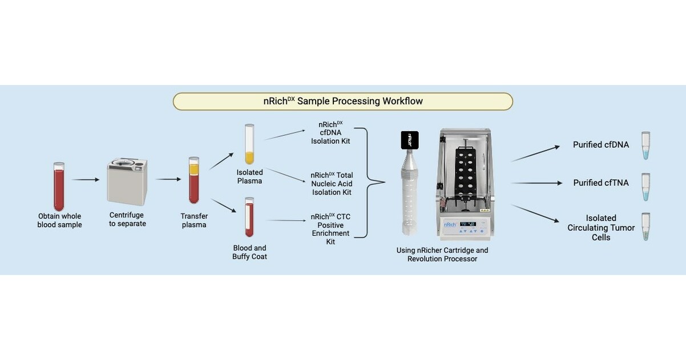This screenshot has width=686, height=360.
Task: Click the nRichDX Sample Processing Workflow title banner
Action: pos(342,102)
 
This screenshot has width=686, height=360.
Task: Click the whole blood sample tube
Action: pos(59,186)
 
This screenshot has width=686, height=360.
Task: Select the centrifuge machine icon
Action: pos(127,182)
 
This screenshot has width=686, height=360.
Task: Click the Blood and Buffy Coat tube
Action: pos(249,217)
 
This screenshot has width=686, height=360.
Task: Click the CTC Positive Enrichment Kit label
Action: pos(330,229)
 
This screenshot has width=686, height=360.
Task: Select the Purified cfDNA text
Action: pos(600,145)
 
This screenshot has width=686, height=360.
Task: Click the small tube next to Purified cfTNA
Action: pos(645,187)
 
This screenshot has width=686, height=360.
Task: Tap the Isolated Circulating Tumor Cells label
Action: pos(600,228)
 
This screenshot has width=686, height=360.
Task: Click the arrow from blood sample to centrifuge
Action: pos(86,180)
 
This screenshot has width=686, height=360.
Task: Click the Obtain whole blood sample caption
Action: pos(60,220)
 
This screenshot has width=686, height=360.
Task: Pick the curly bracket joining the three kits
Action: pos(368,183)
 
